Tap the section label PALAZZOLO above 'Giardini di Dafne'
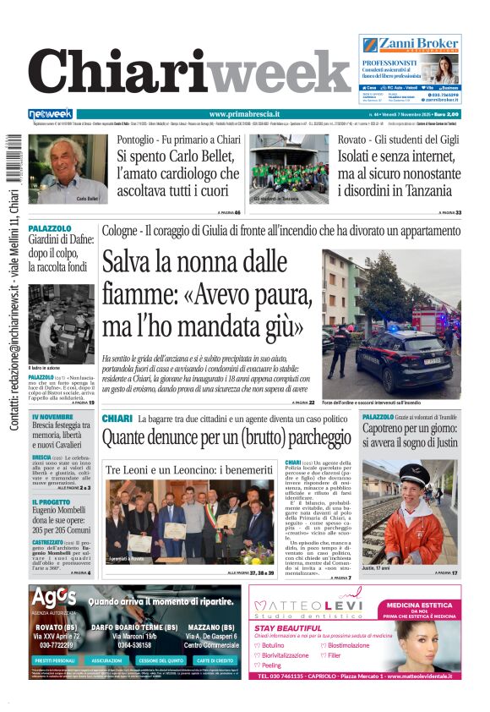point(50,228)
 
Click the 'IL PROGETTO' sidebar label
point(51,501)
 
